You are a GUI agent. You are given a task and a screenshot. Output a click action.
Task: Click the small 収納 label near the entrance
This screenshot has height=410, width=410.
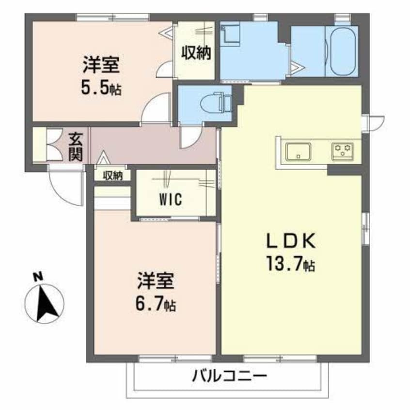coord(113,175)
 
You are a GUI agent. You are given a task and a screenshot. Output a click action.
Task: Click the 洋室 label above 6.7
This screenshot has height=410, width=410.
coord(155,281)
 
